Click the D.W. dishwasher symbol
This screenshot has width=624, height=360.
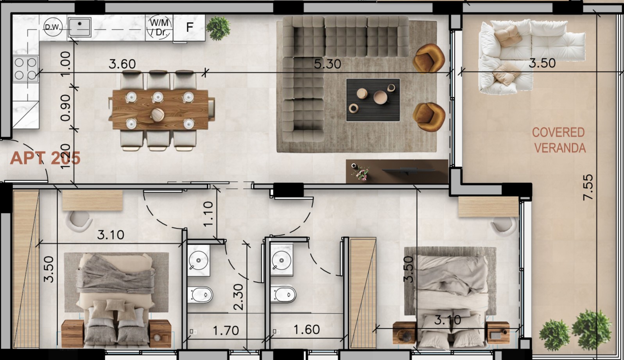pos(53,27)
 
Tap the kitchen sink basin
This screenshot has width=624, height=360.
pos(79,27)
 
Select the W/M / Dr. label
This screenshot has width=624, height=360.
pos(159,28)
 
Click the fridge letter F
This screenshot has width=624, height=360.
pos(190,27)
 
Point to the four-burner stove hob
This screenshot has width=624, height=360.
pos(25,68)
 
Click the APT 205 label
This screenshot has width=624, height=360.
pos(45,158)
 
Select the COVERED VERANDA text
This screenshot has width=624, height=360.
pos(559,140)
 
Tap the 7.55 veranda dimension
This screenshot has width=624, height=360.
pos(588,187)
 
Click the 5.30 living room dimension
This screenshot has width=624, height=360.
pos(327,64)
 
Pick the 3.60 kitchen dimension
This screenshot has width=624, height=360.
pos(122,64)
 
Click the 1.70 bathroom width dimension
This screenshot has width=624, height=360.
pos(226,331)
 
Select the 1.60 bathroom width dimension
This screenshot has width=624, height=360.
pos(306,330)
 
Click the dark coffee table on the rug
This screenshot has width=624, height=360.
pos(373,100)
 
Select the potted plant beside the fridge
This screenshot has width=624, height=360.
pos(218,28)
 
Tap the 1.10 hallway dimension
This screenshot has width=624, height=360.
pos(208,213)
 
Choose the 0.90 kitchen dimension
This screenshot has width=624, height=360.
pos(65,107)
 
